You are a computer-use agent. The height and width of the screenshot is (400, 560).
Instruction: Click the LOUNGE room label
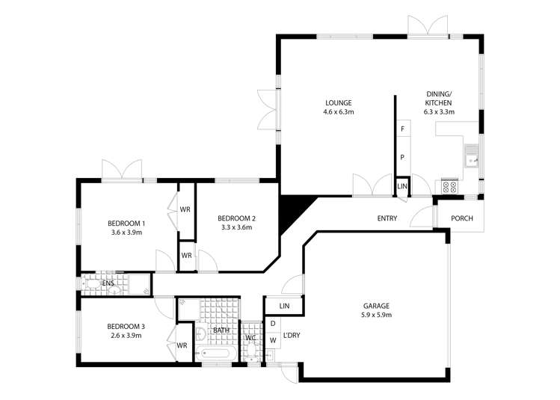[x=338, y=102]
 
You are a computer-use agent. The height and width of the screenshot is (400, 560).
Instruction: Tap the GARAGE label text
[x=377, y=306]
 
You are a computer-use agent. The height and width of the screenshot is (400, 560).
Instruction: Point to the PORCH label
[x=461, y=218]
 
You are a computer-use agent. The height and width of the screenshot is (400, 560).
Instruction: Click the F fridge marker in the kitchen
[x=403, y=129]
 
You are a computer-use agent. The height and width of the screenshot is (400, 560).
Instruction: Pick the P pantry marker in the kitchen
[x=402, y=158]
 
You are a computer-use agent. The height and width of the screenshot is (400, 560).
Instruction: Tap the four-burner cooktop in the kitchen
[x=449, y=186]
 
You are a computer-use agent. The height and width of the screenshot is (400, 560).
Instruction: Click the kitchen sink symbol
[x=472, y=159]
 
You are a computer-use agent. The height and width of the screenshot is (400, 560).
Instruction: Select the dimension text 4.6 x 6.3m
[x=338, y=112]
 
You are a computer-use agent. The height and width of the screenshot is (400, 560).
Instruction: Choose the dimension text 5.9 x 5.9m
[x=377, y=316]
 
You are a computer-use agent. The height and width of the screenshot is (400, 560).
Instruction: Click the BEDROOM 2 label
[x=236, y=218]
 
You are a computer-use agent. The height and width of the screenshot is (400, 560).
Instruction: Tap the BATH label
[x=221, y=330]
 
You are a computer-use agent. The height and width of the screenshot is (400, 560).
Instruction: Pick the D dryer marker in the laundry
[x=273, y=324]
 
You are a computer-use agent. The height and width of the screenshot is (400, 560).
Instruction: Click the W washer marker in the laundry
[x=273, y=341]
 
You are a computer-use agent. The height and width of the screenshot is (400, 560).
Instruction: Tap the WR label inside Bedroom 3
[x=182, y=345]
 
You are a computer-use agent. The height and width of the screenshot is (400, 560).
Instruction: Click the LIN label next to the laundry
[x=284, y=307]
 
